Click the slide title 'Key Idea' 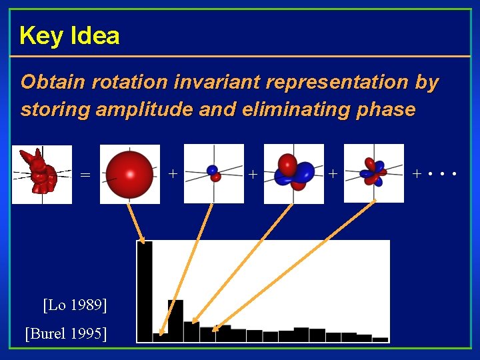[x=69, y=35]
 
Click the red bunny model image [x=41, y=173]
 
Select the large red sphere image [x=130, y=173]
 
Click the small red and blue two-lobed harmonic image [x=213, y=173]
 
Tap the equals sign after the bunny [x=85, y=175]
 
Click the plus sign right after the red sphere [x=173, y=173]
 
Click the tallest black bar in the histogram [x=145, y=291]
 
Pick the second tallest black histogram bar [x=175, y=320]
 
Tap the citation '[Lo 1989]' [x=74, y=305]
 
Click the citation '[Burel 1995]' [x=65, y=333]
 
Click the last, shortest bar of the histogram [x=380, y=339]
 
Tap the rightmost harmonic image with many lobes [x=374, y=173]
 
